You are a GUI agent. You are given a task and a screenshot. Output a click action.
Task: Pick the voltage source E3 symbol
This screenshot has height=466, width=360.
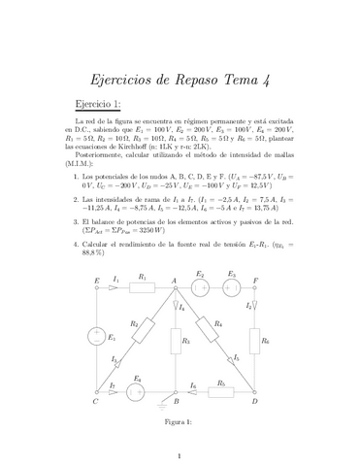pos(232,287)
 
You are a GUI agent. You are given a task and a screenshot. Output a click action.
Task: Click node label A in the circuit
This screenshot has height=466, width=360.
pos(174,280)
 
